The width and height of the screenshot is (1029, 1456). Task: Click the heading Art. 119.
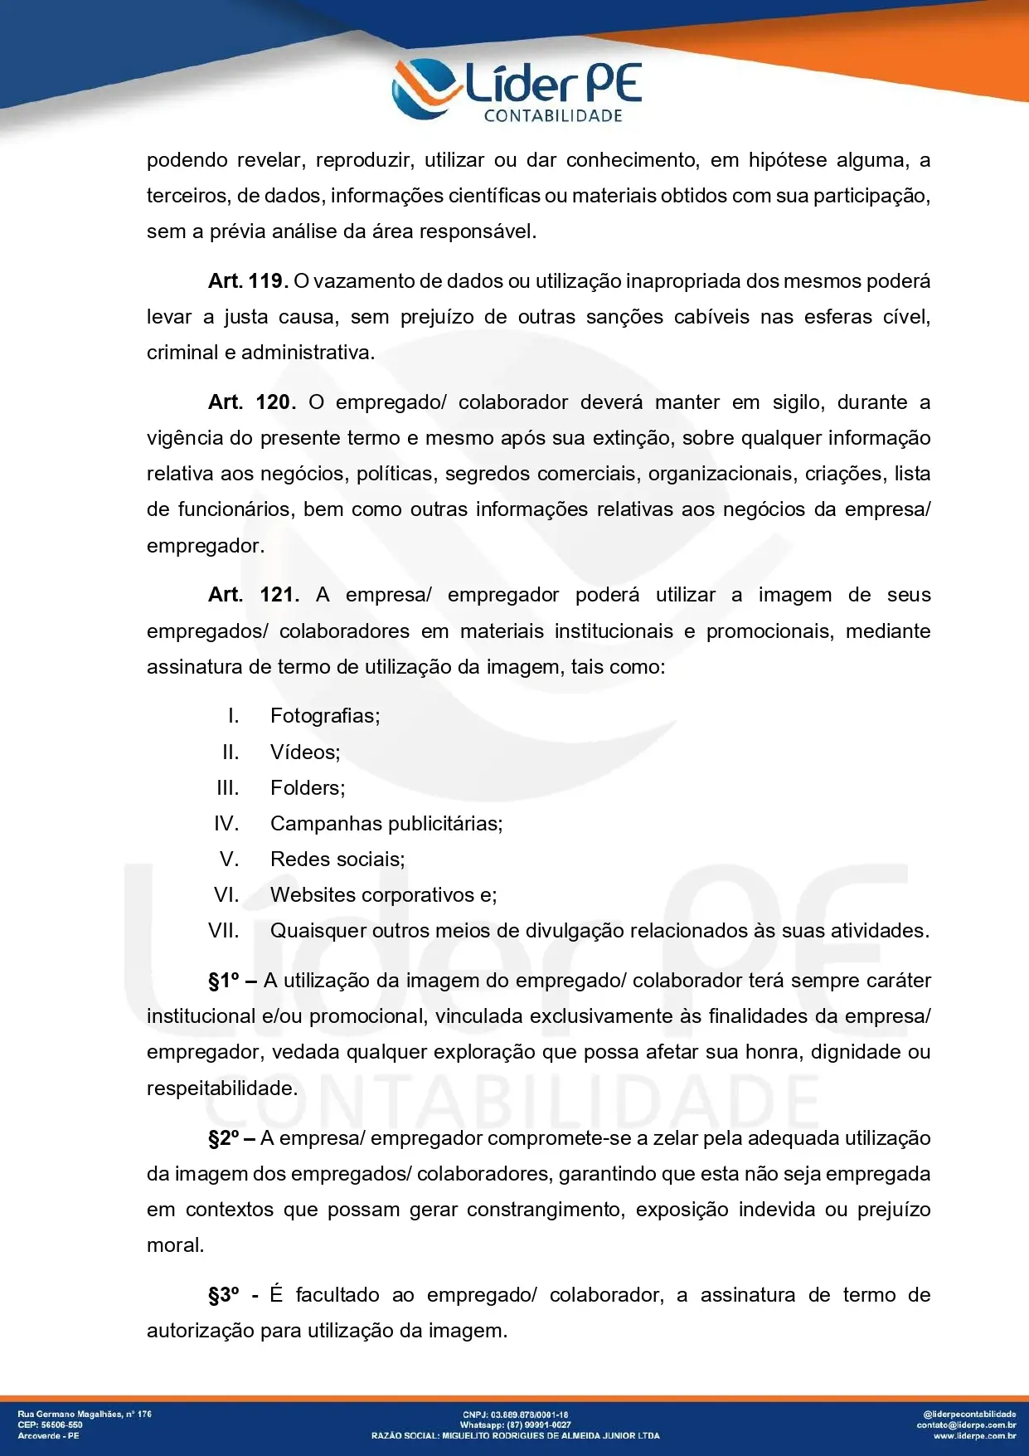point(248,281)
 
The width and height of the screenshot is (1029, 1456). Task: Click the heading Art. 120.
point(251,402)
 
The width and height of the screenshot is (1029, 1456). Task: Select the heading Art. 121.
point(254,595)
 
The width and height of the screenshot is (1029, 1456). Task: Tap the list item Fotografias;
point(325,716)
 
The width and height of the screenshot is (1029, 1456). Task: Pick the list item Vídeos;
point(305,752)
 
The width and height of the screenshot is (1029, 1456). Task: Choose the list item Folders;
point(308,788)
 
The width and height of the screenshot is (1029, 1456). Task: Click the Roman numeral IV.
point(226,824)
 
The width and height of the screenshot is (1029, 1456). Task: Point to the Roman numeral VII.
point(224,931)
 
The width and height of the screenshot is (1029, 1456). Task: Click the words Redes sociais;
point(337,859)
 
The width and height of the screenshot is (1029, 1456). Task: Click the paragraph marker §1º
point(224,981)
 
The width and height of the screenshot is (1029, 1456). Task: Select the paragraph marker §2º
point(224,1138)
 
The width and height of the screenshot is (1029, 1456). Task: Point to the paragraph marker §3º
point(224,1295)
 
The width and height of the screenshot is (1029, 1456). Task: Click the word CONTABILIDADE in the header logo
point(553,116)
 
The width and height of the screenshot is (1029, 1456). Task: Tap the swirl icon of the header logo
point(425,87)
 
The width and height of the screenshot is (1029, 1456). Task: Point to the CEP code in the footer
point(63,1425)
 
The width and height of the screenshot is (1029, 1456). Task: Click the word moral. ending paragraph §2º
point(175,1245)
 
